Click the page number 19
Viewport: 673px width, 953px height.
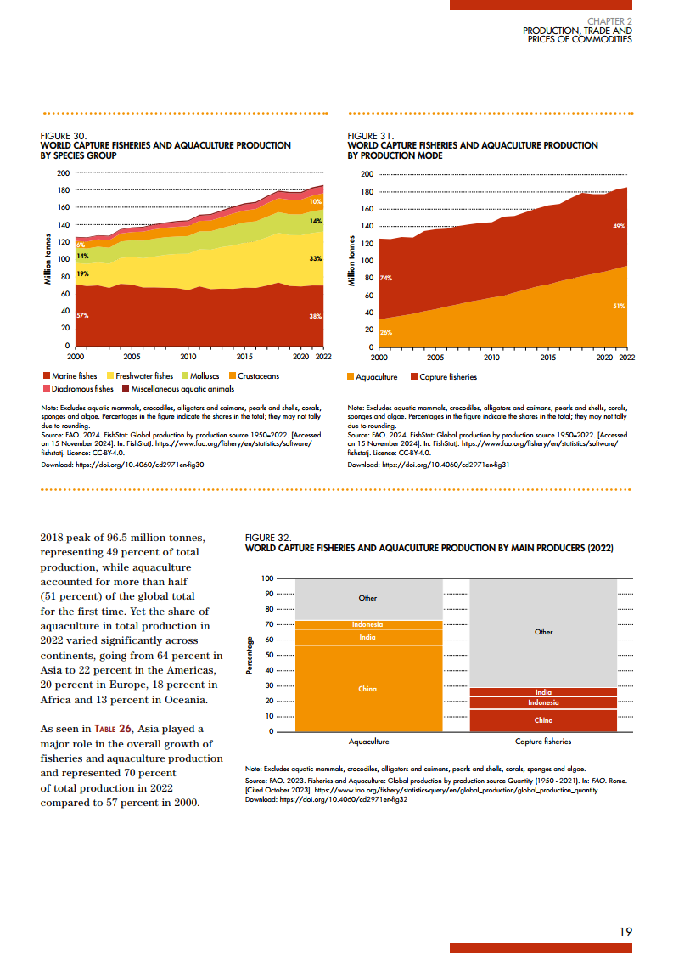click(x=625, y=932)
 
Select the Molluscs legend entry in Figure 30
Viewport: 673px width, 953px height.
click(x=203, y=375)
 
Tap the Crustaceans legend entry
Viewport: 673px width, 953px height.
click(x=258, y=375)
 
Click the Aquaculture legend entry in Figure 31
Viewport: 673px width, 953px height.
click(x=377, y=376)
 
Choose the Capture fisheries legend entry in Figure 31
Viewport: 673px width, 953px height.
click(x=448, y=376)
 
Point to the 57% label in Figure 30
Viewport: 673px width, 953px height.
click(x=82, y=315)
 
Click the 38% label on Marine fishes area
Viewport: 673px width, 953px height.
click(x=315, y=315)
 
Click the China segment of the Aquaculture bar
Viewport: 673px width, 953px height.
click(x=367, y=689)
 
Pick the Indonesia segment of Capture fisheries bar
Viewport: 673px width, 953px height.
click(x=543, y=702)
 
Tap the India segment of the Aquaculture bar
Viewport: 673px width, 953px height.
click(x=367, y=637)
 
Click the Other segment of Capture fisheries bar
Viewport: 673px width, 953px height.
click(x=543, y=631)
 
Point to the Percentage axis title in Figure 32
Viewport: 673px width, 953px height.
click(x=250, y=655)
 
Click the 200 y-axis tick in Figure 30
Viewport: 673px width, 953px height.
click(x=63, y=172)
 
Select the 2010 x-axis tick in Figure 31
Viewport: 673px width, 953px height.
click(x=491, y=358)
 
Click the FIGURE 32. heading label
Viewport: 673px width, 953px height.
click(x=268, y=538)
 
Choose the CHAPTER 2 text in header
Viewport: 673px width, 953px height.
click(x=609, y=20)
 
